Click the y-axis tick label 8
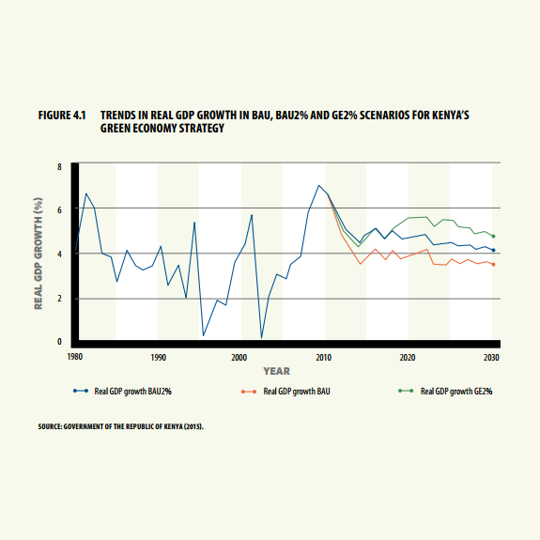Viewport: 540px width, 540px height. tap(59, 167)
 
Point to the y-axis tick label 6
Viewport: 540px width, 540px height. tap(59, 210)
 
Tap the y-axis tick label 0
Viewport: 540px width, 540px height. tap(59, 342)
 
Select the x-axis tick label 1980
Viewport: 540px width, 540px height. tap(75, 357)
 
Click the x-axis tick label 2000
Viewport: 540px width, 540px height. tap(239, 358)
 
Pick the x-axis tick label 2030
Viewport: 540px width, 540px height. tap(491, 358)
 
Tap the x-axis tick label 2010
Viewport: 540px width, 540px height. tap(323, 358)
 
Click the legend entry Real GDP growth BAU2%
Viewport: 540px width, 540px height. tap(122, 392)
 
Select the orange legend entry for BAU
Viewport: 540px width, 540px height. tap(285, 392)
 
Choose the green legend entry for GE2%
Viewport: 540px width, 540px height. tap(445, 392)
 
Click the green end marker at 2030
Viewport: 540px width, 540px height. tap(493, 237)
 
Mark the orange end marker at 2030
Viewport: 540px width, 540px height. tap(493, 265)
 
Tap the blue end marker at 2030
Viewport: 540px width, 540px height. tap(493, 250)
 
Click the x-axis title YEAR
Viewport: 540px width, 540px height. tap(277, 371)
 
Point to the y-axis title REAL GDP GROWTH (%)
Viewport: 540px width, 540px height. tap(39, 254)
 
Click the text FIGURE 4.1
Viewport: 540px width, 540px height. tap(62, 115)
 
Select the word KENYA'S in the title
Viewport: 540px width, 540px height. tap(451, 115)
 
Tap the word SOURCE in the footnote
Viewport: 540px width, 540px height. tap(50, 426)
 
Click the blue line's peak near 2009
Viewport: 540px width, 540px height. tap(319, 185)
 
